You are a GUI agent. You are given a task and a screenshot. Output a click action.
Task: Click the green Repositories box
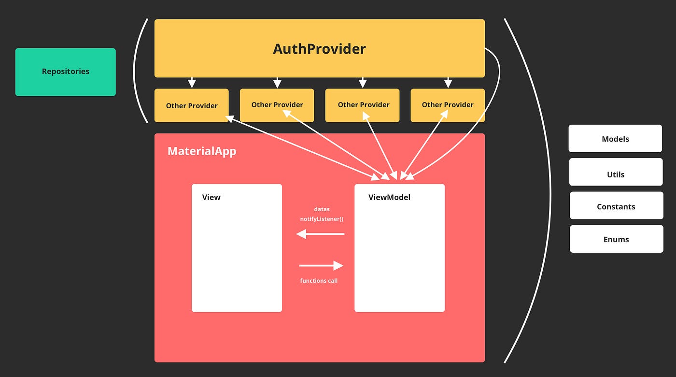click(x=66, y=72)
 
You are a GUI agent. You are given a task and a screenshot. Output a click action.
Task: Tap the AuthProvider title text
click(x=319, y=49)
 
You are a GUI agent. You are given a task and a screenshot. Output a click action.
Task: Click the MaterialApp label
click(x=202, y=151)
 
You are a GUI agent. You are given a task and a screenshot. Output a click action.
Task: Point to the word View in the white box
click(x=211, y=197)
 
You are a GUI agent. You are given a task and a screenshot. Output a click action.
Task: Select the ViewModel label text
click(x=389, y=197)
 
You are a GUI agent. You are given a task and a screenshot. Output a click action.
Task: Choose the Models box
click(x=615, y=139)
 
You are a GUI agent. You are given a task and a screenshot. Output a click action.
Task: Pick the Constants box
click(x=616, y=206)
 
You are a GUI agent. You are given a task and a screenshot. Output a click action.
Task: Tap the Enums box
click(x=616, y=239)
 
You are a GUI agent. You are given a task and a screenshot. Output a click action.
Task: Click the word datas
click(x=322, y=209)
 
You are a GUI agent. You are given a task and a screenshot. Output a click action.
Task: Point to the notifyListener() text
click(x=322, y=219)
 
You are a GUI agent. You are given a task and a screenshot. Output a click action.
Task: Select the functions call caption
click(x=319, y=281)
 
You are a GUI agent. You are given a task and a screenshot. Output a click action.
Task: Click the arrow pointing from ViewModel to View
click(x=321, y=234)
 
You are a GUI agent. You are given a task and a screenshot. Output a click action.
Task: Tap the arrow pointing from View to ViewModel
click(x=321, y=265)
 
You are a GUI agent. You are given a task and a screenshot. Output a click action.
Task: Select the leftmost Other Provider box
click(x=192, y=105)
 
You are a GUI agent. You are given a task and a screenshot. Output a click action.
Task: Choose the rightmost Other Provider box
click(x=448, y=105)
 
